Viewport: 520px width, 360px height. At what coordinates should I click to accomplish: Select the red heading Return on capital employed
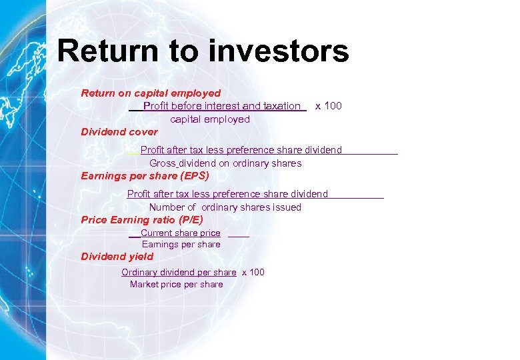click(151, 93)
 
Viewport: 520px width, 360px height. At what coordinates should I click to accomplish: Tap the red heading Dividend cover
click(119, 132)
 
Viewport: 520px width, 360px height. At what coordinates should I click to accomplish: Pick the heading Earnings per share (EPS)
click(145, 176)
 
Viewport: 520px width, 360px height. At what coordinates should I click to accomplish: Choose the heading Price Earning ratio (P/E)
click(141, 219)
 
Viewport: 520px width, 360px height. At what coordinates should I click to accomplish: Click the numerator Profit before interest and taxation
click(221, 106)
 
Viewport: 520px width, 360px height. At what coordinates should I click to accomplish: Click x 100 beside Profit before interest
click(328, 106)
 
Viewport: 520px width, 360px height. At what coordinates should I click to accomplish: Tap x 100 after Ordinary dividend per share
click(253, 272)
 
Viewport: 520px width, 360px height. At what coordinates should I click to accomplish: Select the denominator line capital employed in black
click(210, 119)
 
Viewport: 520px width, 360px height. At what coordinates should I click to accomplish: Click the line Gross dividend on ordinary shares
click(225, 163)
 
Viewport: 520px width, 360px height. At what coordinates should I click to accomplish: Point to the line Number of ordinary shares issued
click(225, 207)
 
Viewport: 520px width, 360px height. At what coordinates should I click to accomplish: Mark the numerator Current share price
click(180, 233)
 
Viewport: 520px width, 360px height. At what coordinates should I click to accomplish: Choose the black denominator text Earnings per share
click(181, 245)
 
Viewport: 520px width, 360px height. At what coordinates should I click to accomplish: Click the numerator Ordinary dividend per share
click(179, 272)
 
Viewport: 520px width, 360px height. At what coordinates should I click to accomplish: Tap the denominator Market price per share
click(177, 285)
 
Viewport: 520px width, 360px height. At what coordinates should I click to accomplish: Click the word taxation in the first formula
click(282, 106)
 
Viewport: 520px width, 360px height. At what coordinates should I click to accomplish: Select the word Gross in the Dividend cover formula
click(162, 163)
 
